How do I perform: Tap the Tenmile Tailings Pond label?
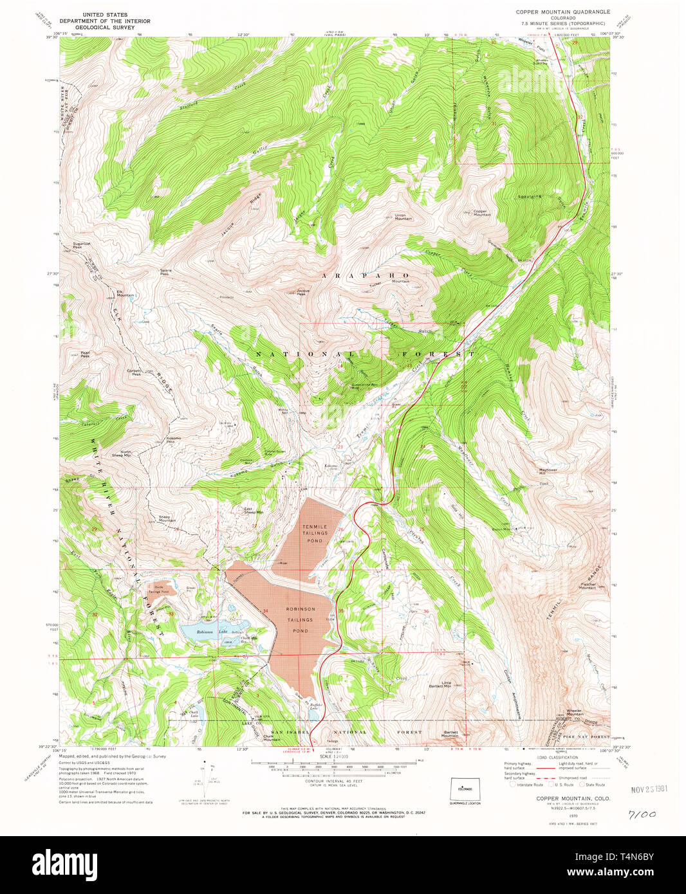pyautogui.click(x=315, y=533)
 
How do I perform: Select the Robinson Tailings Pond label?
pyautogui.click(x=301, y=619)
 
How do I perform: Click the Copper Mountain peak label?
pyautogui.click(x=482, y=212)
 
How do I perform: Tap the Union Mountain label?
pyautogui.click(x=403, y=217)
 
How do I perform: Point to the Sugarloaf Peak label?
pyautogui.click(x=82, y=245)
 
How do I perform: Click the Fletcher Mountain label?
pyautogui.click(x=588, y=586)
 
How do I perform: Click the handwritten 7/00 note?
pyautogui.click(x=642, y=814)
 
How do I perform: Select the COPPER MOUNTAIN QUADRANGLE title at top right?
pyautogui.click(x=562, y=12)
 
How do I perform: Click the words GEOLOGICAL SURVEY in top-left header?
pyautogui.click(x=100, y=28)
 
